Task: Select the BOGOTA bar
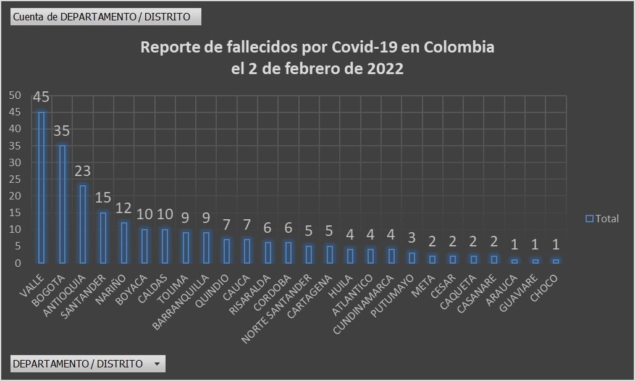[62, 204]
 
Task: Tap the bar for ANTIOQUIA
[83, 224]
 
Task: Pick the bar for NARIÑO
[124, 242]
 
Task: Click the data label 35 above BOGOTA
[62, 131]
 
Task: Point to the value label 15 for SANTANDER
[103, 198]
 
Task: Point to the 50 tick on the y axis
[15, 95]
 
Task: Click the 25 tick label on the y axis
[15, 179]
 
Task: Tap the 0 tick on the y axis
[18, 263]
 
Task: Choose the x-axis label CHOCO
[545, 288]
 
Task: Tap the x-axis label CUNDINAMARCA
[362, 302]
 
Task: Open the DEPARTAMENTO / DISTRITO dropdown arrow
[158, 364]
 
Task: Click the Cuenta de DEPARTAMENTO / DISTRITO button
[106, 17]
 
